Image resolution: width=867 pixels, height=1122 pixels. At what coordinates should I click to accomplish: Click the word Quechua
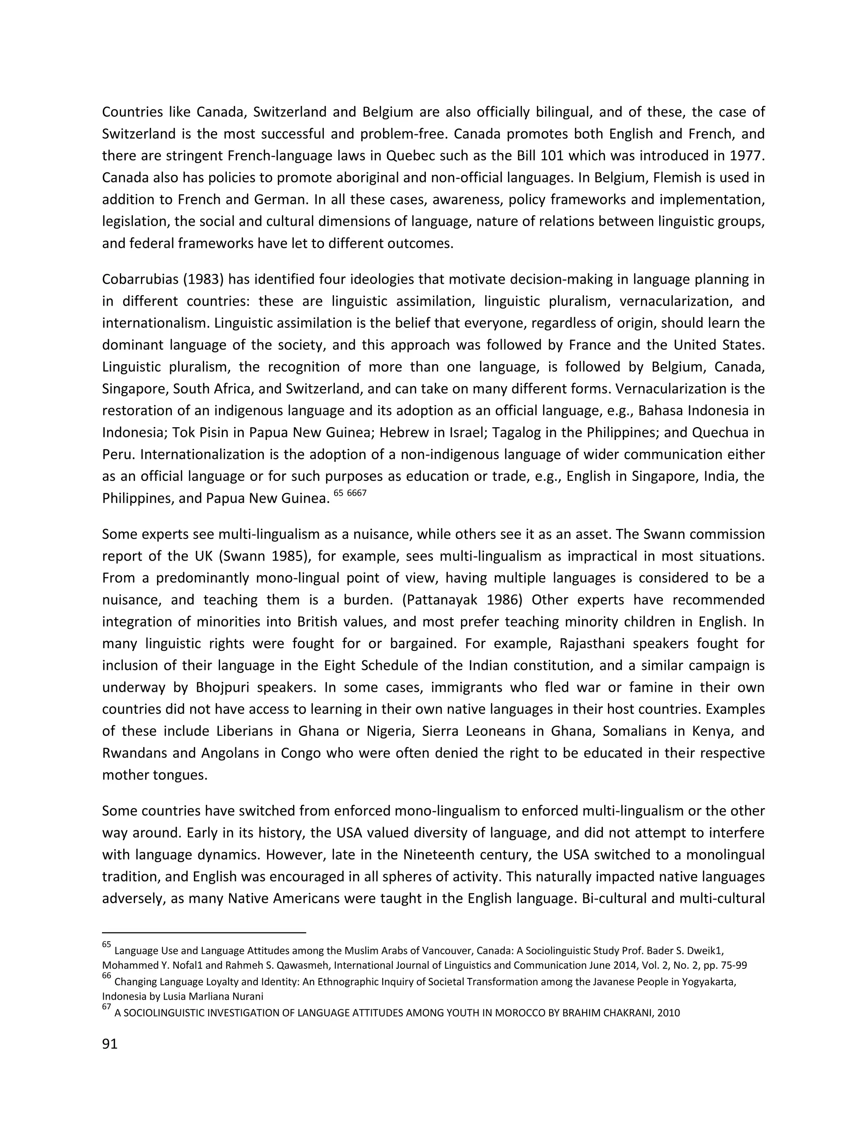point(721,433)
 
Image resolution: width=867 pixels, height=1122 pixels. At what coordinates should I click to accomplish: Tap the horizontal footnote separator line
point(204,932)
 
